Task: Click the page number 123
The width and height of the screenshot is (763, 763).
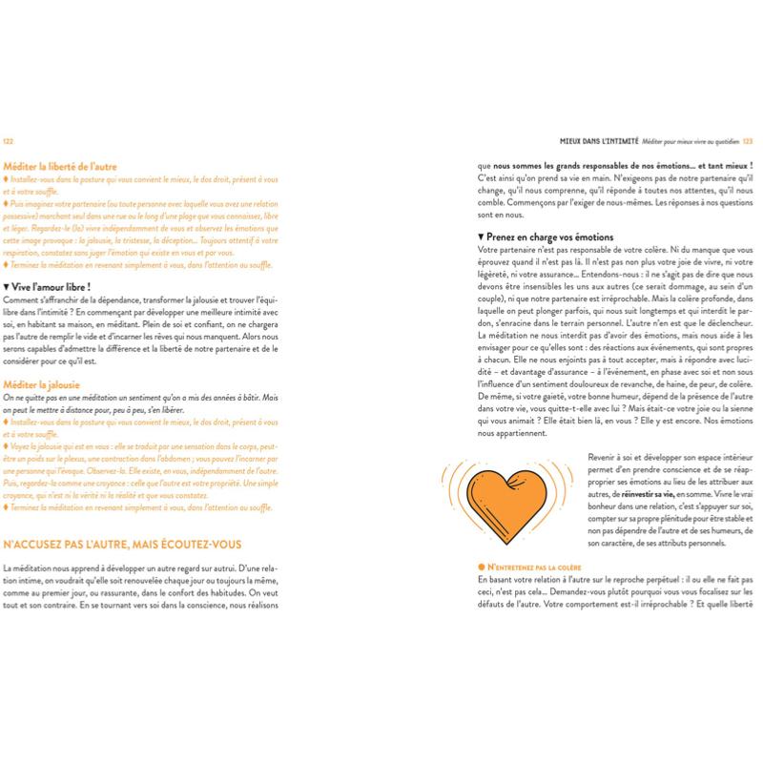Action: pos(751,138)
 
